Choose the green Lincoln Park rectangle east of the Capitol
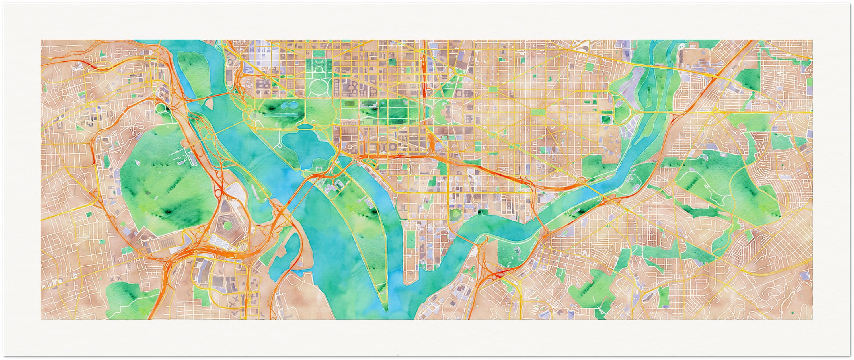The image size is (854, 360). (x=538, y=112)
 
